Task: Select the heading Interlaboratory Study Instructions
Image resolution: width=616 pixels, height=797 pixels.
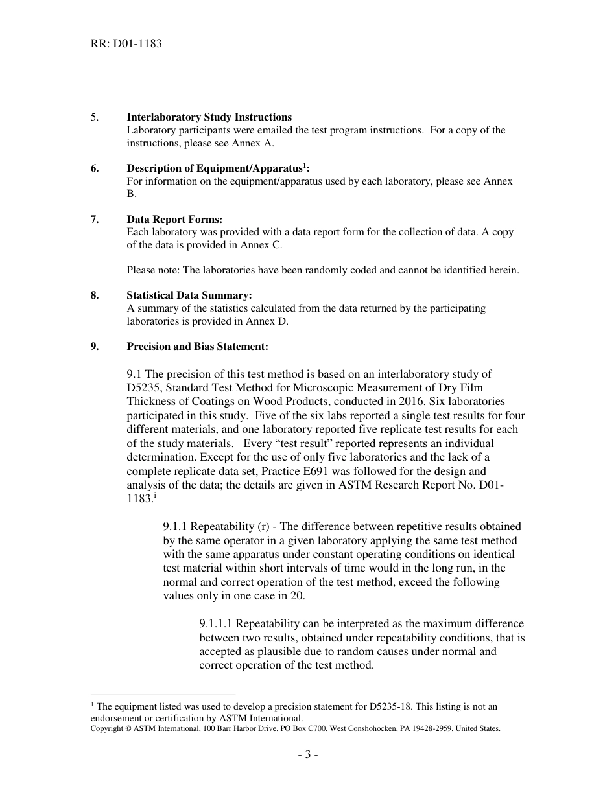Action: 209,117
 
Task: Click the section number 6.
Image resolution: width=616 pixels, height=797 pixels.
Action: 95,168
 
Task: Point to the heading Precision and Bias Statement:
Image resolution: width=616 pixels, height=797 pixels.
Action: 197,347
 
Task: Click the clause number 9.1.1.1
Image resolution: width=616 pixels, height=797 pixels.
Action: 216,624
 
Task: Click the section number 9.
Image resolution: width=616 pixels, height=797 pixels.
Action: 95,347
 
